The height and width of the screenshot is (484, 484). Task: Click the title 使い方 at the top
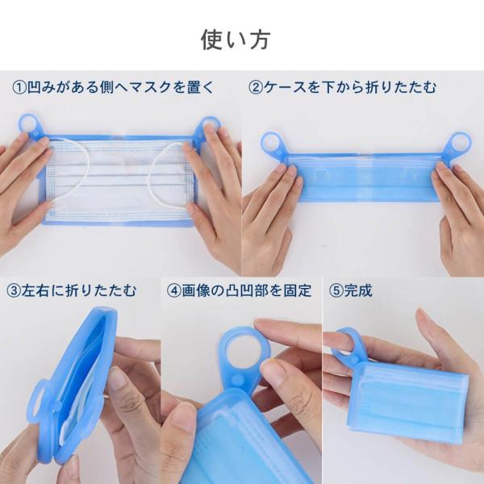pyautogui.click(x=236, y=40)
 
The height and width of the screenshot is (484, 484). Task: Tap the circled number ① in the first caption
pyautogui.click(x=19, y=87)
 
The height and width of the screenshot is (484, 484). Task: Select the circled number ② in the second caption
pyautogui.click(x=256, y=87)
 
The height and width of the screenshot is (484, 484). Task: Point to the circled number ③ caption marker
pyautogui.click(x=14, y=290)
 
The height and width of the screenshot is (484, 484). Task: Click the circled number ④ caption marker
pyautogui.click(x=174, y=290)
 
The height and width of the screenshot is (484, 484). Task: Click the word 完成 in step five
pyautogui.click(x=358, y=290)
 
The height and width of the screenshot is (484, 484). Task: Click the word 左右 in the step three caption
pyautogui.click(x=35, y=290)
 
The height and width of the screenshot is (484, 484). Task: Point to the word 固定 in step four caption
pyautogui.click(x=297, y=290)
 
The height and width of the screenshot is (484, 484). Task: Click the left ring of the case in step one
pyautogui.click(x=29, y=123)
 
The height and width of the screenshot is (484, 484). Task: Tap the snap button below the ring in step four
pyautogui.click(x=237, y=380)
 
